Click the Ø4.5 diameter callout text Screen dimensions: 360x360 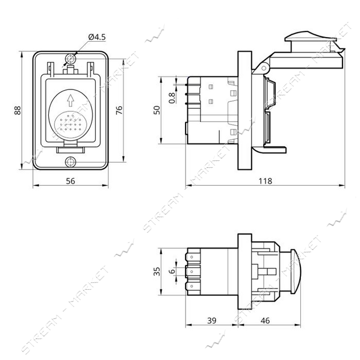(x=97, y=37)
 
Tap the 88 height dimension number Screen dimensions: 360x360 (x=17, y=110)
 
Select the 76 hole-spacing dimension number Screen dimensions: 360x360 (x=119, y=110)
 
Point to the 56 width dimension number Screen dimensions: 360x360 (x=70, y=181)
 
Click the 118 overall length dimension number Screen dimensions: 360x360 (x=265, y=181)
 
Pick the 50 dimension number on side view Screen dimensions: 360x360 (x=157, y=110)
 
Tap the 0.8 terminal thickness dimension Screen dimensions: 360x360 (x=172, y=98)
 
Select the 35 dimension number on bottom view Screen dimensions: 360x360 (x=157, y=271)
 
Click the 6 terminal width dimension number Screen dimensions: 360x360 (x=172, y=271)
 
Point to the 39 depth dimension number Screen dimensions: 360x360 (x=211, y=321)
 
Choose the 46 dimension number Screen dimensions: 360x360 (x=265, y=321)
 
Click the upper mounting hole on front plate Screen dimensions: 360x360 (x=70, y=59)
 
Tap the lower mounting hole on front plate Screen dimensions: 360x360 (x=70, y=162)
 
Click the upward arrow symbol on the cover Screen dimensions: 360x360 (x=70, y=101)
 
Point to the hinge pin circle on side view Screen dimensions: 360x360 (x=264, y=68)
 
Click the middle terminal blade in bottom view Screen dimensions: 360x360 (x=193, y=272)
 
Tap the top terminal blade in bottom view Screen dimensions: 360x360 (x=193, y=257)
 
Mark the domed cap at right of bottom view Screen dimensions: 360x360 (x=296, y=271)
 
